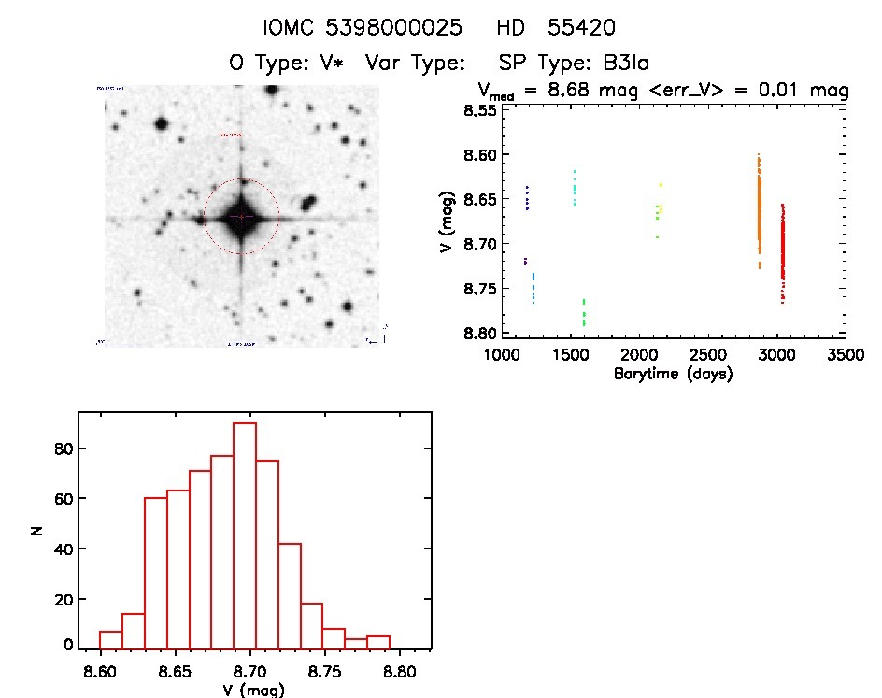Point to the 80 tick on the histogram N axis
click(61, 449)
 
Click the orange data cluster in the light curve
click(759, 215)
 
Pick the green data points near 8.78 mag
click(584, 312)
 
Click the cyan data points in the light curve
click(574, 188)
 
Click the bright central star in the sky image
click(241, 217)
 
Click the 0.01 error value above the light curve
click(777, 91)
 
